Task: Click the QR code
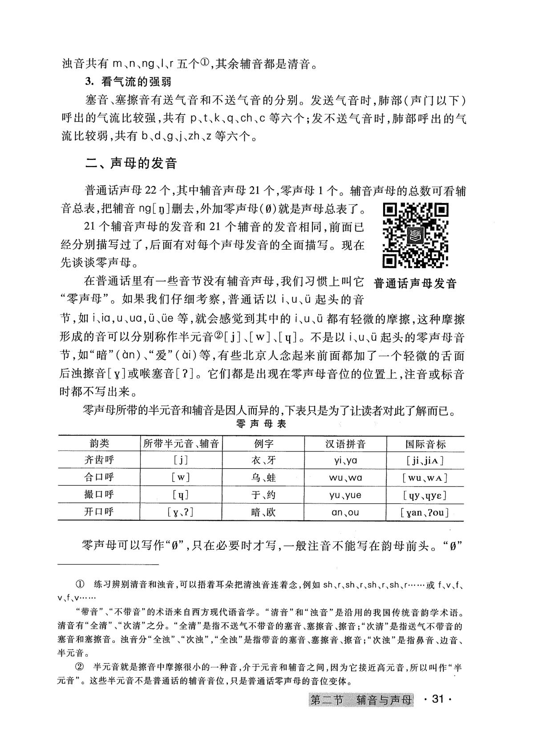(x=416, y=235)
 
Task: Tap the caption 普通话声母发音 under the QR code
(x=416, y=283)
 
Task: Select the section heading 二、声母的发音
(x=131, y=163)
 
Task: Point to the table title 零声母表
(x=261, y=424)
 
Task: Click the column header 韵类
(x=99, y=443)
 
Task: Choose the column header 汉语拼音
(x=345, y=443)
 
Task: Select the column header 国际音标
(x=425, y=444)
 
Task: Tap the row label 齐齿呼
(x=99, y=460)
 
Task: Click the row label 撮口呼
(x=99, y=495)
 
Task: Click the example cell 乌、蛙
(x=263, y=478)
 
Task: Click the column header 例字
(x=263, y=443)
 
